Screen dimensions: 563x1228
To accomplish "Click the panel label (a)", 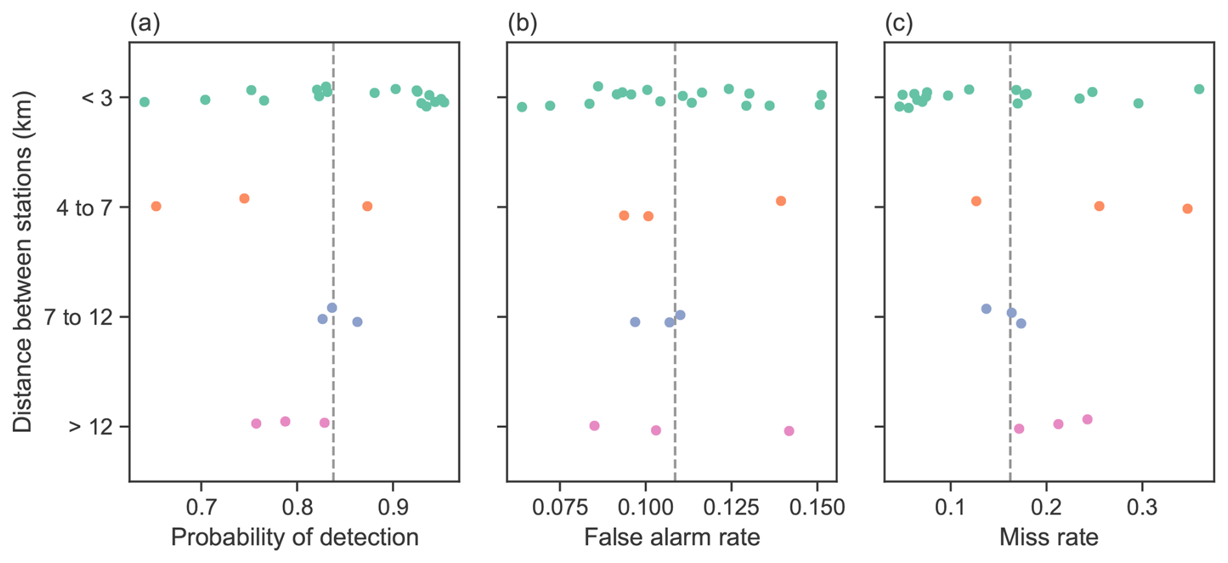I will coord(145,24).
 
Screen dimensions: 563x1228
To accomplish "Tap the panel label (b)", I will coord(522,24).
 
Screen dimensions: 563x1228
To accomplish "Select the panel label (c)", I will coord(899,24).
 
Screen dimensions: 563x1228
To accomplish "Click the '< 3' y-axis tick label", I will coord(97,98).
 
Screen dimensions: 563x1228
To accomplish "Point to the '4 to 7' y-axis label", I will coord(84,208).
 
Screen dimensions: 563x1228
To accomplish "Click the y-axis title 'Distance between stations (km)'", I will coord(23,261).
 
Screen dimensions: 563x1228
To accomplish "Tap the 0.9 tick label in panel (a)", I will coord(393,507).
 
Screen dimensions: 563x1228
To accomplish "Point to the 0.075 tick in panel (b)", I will coord(559,507).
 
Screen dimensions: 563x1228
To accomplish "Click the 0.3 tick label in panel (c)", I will coord(1142,507).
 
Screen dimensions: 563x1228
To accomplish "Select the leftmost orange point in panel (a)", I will coord(156,206).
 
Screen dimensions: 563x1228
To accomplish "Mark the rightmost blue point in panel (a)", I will coord(357,322).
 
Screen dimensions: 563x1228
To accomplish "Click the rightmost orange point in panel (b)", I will coord(781,201).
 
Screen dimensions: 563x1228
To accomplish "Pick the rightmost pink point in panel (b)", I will coord(789,431).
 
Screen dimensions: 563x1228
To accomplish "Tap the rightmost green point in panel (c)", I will coord(1199,89).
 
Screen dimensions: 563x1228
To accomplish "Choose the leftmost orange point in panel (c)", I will coord(976,201).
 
